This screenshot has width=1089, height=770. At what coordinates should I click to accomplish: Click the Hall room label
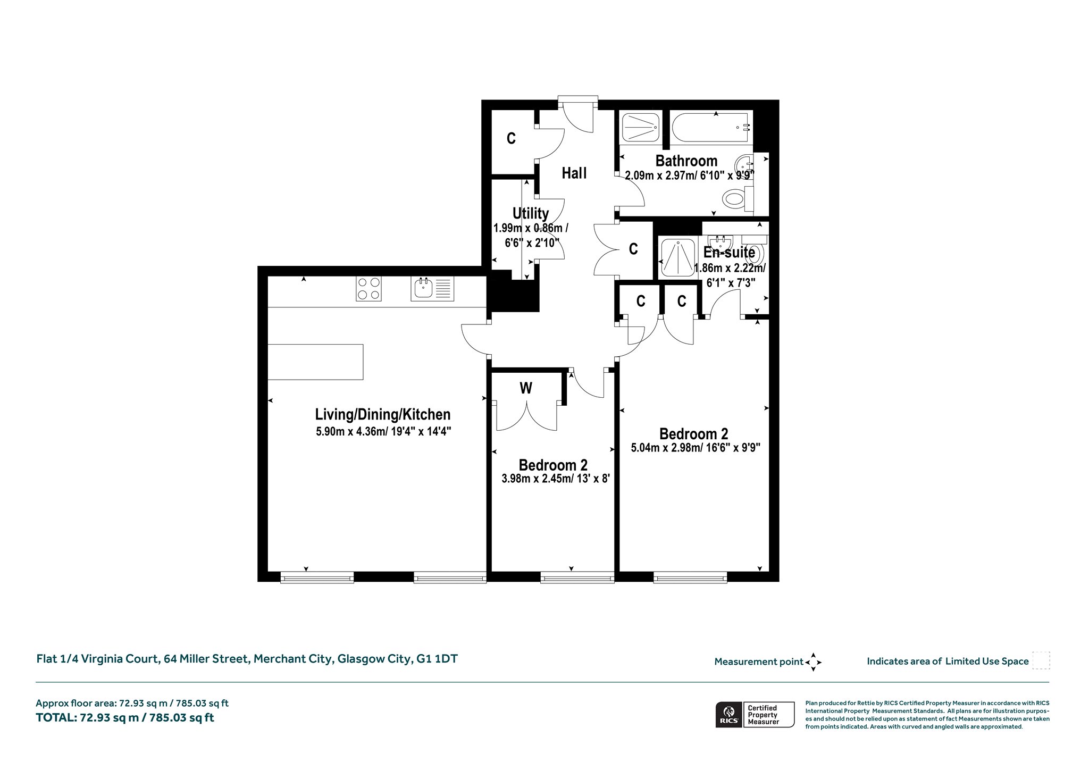[574, 173]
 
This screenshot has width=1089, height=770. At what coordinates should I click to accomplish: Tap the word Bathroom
[686, 161]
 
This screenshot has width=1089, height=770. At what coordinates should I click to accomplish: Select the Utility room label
[530, 213]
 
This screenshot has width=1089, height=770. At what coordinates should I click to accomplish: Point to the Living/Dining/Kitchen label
[383, 414]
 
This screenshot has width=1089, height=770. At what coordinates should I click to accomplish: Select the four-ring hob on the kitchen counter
[368, 289]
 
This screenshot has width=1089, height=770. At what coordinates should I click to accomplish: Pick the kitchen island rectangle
[315, 362]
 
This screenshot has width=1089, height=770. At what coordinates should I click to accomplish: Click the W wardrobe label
[526, 388]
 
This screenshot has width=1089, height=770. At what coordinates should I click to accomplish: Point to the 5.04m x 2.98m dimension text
[696, 448]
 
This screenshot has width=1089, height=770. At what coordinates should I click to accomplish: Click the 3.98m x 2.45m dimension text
[555, 479]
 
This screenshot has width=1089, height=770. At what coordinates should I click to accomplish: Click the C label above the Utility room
[511, 138]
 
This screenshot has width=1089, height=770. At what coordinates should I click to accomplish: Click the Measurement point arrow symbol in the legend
[813, 662]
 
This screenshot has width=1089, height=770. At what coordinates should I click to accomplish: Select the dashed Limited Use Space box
[1041, 660]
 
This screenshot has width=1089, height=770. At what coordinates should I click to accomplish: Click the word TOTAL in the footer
[56, 717]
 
